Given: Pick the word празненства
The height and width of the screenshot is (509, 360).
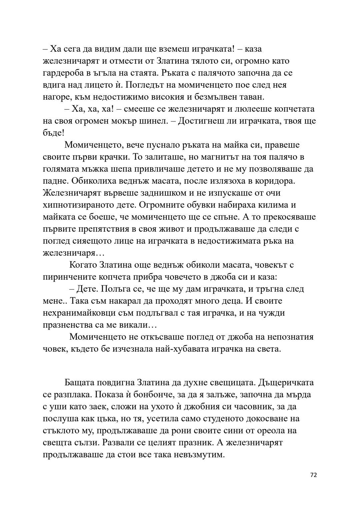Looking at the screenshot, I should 69,325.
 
